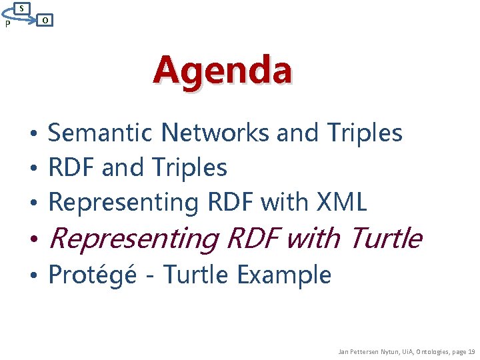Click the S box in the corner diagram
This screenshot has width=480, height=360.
[x=23, y=8]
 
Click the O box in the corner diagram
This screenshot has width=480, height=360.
[x=44, y=21]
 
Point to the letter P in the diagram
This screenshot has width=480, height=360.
[x=7, y=25]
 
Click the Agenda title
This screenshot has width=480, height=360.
[x=222, y=71]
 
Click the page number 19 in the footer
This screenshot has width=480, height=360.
[x=471, y=351]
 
